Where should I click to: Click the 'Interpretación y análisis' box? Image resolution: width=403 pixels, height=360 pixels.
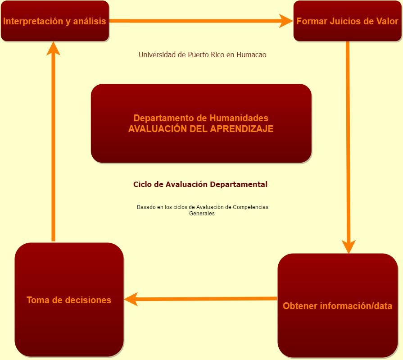click(x=55, y=21)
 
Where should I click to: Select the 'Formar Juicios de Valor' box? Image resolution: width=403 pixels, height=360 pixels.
click(x=347, y=21)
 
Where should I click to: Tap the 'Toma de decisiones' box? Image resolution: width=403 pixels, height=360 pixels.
click(x=69, y=300)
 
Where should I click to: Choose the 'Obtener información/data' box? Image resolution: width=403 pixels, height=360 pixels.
click(x=337, y=306)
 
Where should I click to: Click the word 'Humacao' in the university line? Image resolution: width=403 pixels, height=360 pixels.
click(x=251, y=55)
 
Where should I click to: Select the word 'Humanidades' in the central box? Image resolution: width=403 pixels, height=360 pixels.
click(x=239, y=118)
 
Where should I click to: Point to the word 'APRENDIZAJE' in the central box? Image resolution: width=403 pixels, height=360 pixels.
click(x=242, y=129)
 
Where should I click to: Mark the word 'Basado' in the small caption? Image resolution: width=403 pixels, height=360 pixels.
click(x=145, y=207)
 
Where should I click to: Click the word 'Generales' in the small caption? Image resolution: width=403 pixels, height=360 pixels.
click(x=202, y=214)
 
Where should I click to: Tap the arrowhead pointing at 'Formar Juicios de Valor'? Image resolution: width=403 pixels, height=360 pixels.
click(x=286, y=21)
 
